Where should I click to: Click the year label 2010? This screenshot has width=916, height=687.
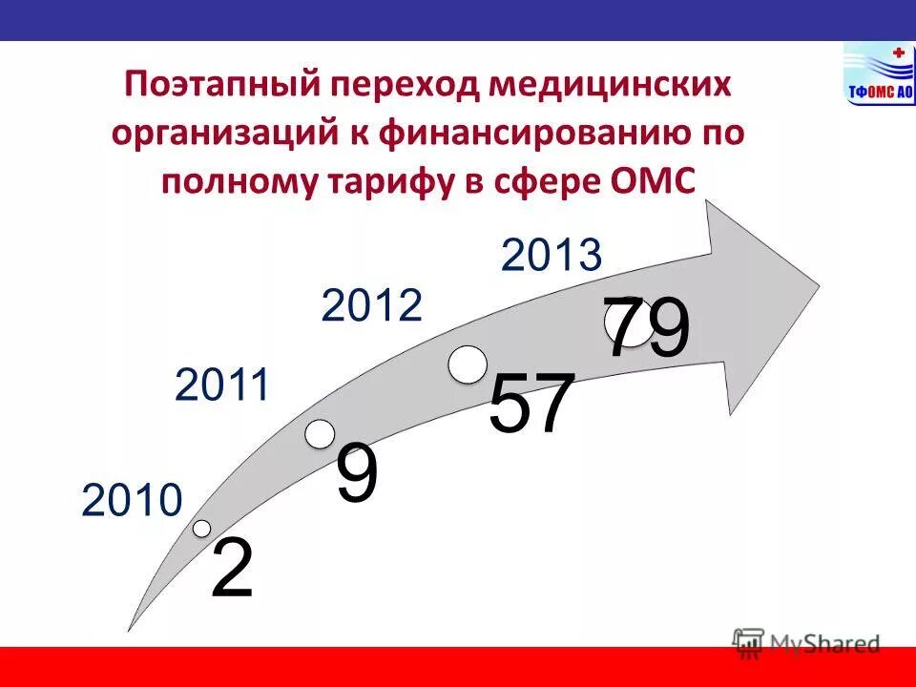132,501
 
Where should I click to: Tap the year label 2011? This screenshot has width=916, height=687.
223,386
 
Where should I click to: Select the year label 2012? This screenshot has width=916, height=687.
372,306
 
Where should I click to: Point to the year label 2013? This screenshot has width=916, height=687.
552,256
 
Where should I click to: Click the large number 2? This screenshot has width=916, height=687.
232,569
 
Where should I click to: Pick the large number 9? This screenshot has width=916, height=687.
356,474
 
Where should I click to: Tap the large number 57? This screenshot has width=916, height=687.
531,405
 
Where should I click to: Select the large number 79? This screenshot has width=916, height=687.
647,328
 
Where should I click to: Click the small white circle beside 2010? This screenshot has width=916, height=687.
201,528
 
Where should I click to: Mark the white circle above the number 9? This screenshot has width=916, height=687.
321,433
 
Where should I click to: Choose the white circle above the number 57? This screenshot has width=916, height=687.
468,365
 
